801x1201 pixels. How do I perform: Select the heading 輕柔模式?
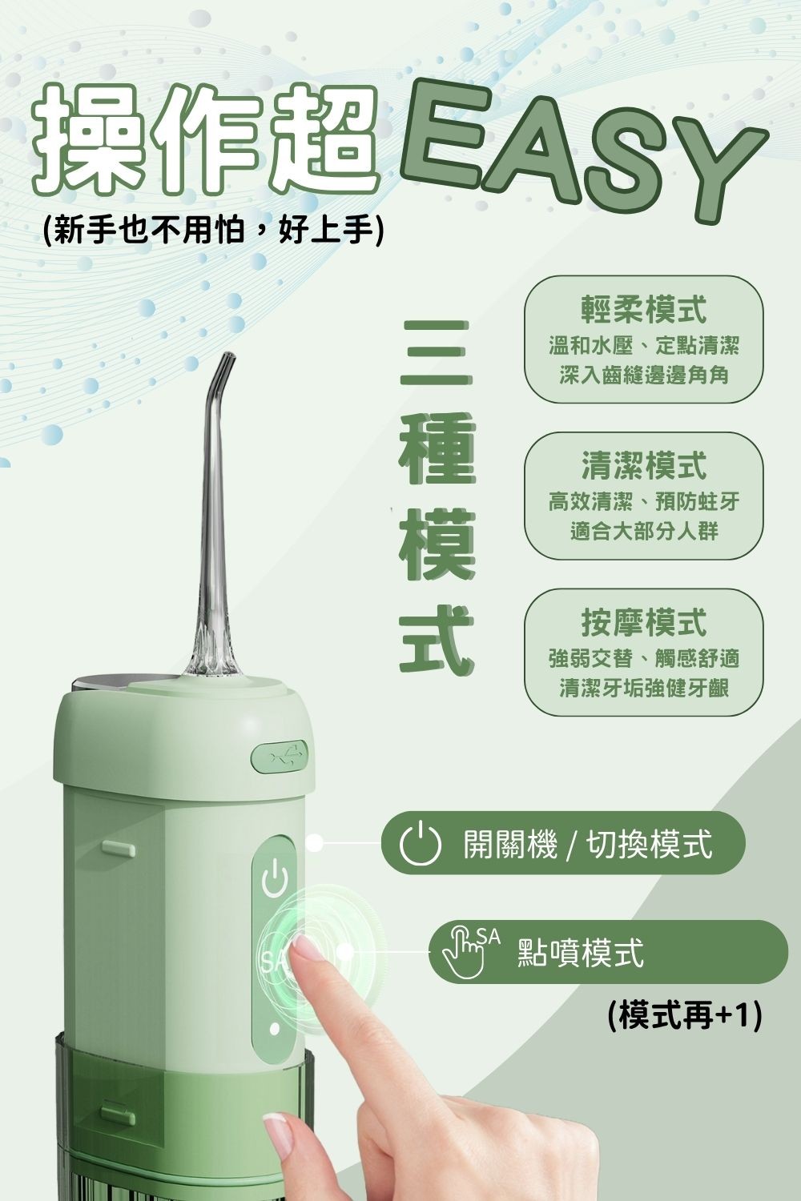(644, 308)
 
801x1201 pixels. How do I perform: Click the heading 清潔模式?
(644, 465)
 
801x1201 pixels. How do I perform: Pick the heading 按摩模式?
(644, 622)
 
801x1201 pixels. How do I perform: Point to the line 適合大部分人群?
(644, 531)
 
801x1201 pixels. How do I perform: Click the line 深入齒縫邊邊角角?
(644, 374)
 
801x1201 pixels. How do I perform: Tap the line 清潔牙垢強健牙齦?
(644, 688)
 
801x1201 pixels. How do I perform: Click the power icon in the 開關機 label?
(421, 844)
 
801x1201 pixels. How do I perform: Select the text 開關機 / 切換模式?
(587, 845)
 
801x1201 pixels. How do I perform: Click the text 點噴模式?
(581, 953)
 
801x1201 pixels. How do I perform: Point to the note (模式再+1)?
(683, 1016)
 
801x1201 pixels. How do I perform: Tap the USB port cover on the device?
(280, 755)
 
